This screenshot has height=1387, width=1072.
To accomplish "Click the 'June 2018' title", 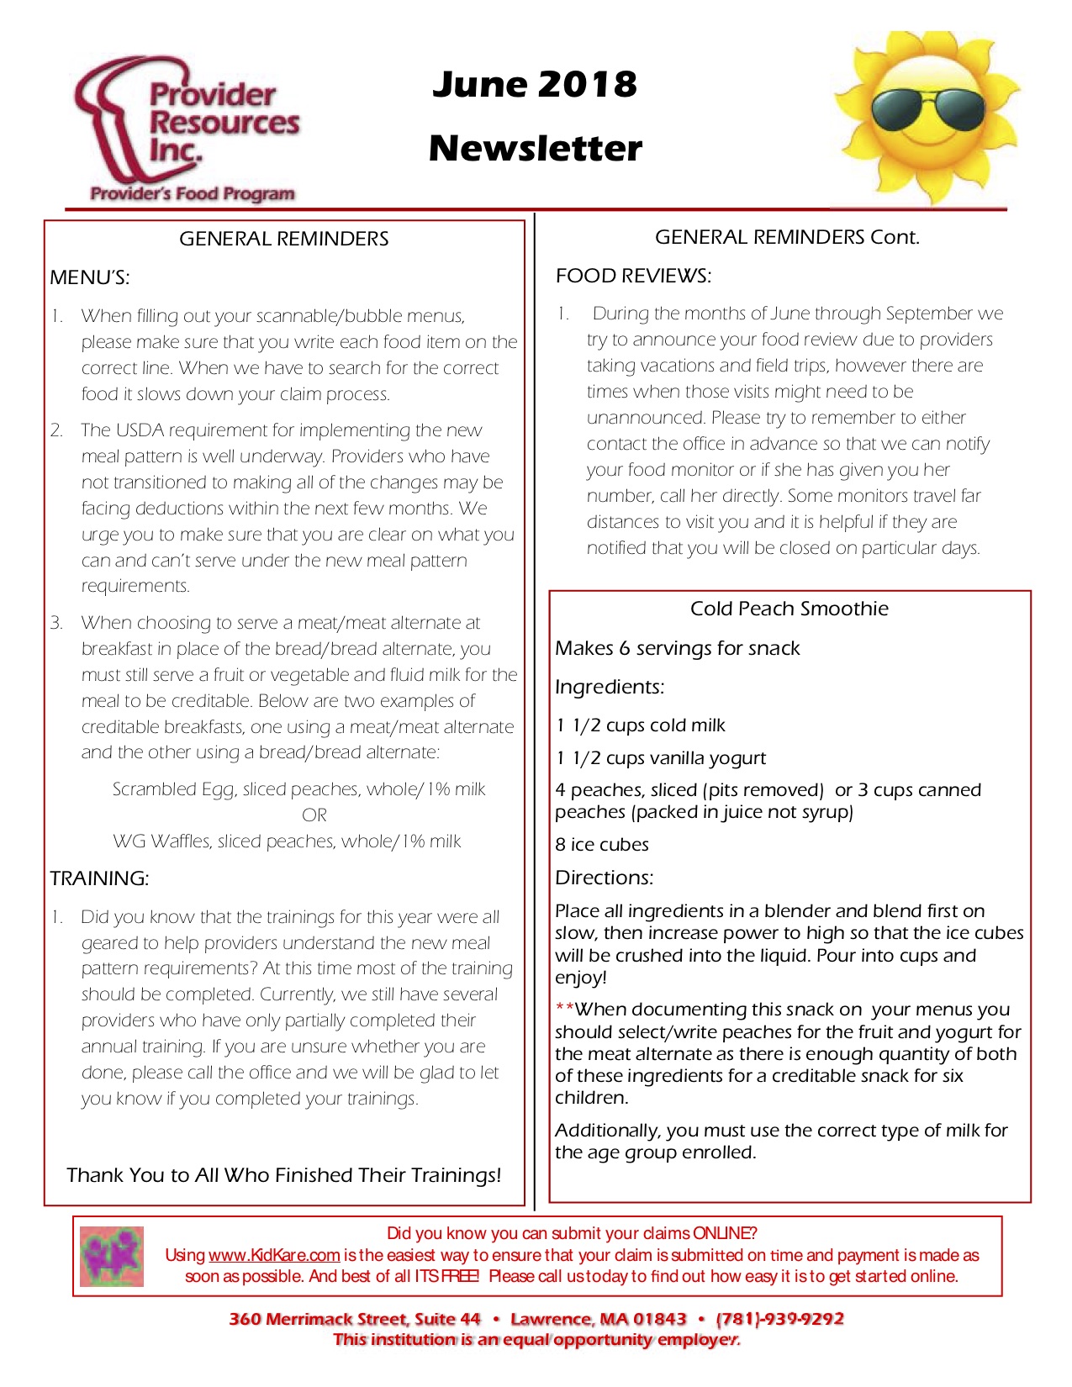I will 535,84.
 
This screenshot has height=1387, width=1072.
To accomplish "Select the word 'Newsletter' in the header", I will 535,148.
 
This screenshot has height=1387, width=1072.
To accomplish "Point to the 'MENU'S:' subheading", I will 89,277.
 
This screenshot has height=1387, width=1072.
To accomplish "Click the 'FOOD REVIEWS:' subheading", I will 633,276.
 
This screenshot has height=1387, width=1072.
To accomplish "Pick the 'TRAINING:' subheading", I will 99,878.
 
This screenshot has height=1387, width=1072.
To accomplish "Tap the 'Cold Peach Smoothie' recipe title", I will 789,609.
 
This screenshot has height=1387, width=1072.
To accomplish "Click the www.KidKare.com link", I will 274,1255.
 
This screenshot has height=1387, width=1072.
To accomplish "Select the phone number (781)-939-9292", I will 779,1319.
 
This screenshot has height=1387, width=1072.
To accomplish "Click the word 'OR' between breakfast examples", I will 314,815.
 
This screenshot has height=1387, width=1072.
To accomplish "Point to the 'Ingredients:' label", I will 610,687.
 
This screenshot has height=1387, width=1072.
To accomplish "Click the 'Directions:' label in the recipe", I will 604,878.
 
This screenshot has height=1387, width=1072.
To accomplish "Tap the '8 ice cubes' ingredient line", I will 602,845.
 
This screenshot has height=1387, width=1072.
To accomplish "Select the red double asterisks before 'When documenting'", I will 564,1008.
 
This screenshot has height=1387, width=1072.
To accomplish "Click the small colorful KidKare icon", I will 112,1257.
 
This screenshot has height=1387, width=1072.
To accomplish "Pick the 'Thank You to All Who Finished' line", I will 283,1175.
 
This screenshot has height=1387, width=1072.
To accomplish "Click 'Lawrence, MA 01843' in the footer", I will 599,1319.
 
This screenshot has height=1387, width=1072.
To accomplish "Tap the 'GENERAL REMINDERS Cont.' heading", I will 787,237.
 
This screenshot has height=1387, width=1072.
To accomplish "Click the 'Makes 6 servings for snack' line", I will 678,648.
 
